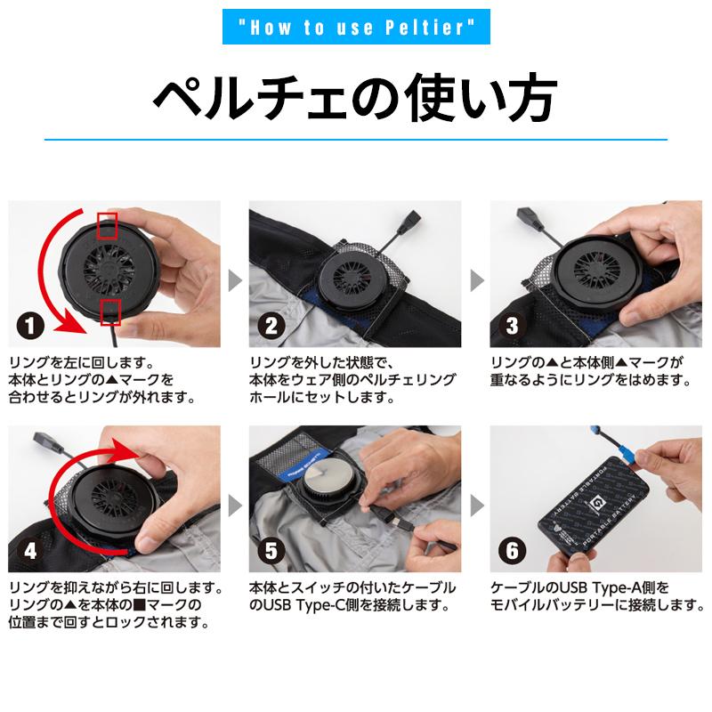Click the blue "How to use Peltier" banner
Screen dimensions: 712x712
tap(355, 28)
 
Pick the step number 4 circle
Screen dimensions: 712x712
tap(31, 550)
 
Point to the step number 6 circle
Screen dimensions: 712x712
tap(511, 550)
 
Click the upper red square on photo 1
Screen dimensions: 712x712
tap(108, 224)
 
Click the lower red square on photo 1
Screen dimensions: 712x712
tap(110, 312)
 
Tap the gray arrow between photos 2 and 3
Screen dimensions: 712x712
tap(475, 281)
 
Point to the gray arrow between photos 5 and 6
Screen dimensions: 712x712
tap(475, 506)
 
